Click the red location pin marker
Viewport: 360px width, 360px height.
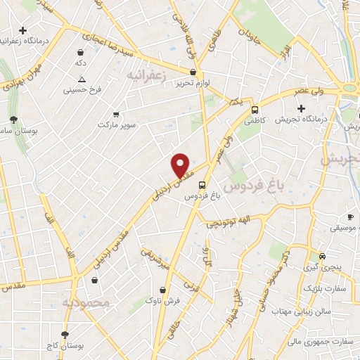click(x=181, y=165)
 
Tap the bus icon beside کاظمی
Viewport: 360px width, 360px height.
click(x=255, y=110)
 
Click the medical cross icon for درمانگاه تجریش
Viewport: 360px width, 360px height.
click(x=302, y=108)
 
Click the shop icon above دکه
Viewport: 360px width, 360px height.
click(x=81, y=52)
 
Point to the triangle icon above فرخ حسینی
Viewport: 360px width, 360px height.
click(x=82, y=79)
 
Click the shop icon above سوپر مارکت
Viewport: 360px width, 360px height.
click(x=116, y=114)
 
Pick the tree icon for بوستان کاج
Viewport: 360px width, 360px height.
click(x=65, y=335)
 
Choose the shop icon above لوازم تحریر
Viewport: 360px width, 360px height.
click(x=193, y=72)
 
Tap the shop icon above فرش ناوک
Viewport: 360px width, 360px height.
click(x=163, y=290)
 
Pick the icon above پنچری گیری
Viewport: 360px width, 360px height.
click(x=322, y=256)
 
